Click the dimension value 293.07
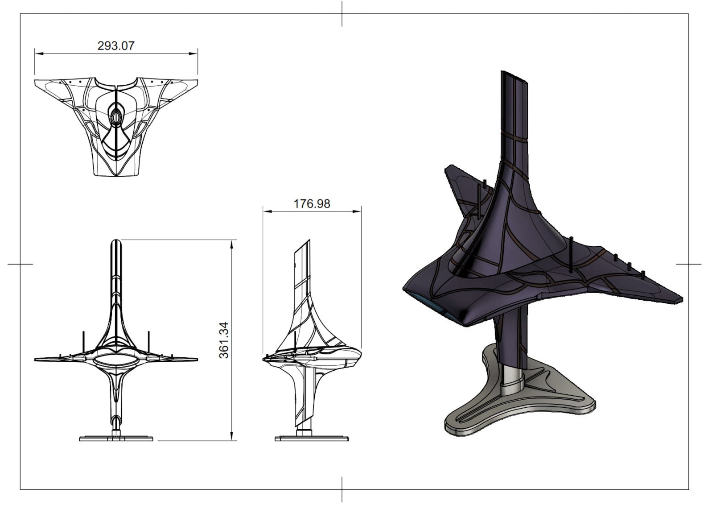(115, 46)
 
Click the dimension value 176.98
(312, 204)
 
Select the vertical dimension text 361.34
(224, 340)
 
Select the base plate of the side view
(311, 439)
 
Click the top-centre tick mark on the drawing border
(342, 13)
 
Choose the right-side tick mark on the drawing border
(688, 264)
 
